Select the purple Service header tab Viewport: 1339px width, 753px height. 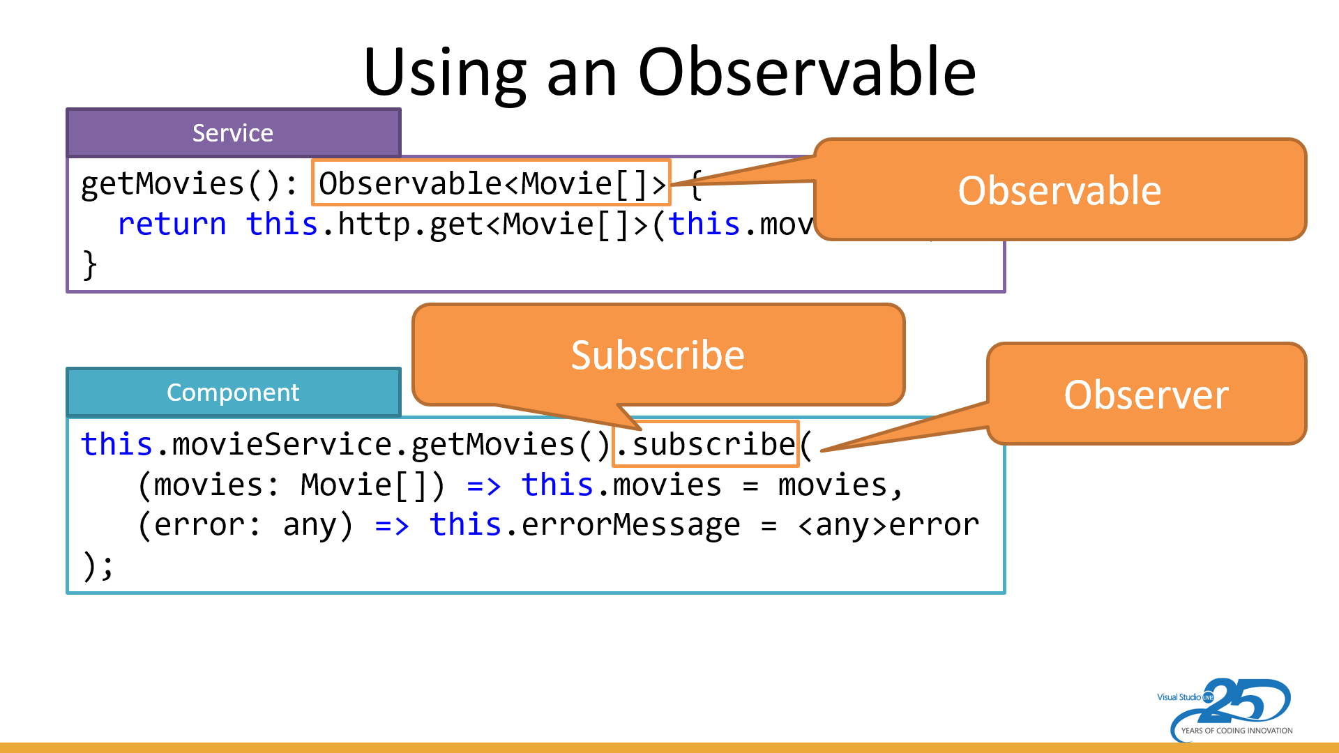coord(233,132)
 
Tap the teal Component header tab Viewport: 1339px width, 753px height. coord(233,392)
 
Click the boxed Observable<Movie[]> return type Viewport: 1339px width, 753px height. coord(491,183)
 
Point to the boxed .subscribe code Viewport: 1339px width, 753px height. coord(705,444)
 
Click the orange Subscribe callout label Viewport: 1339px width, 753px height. coord(657,355)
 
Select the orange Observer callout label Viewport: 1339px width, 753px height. coord(1145,395)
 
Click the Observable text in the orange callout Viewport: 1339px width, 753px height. coord(1059,190)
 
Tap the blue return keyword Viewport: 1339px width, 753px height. coord(172,225)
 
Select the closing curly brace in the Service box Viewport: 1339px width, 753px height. coord(89,265)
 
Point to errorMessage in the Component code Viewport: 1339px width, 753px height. coord(630,525)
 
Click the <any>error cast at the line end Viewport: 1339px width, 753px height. coord(888,525)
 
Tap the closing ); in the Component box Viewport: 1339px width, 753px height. coord(97,565)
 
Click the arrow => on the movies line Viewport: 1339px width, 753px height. coord(483,485)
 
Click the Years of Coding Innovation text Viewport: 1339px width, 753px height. coord(1236,731)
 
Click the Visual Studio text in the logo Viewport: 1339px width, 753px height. coord(1179,697)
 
